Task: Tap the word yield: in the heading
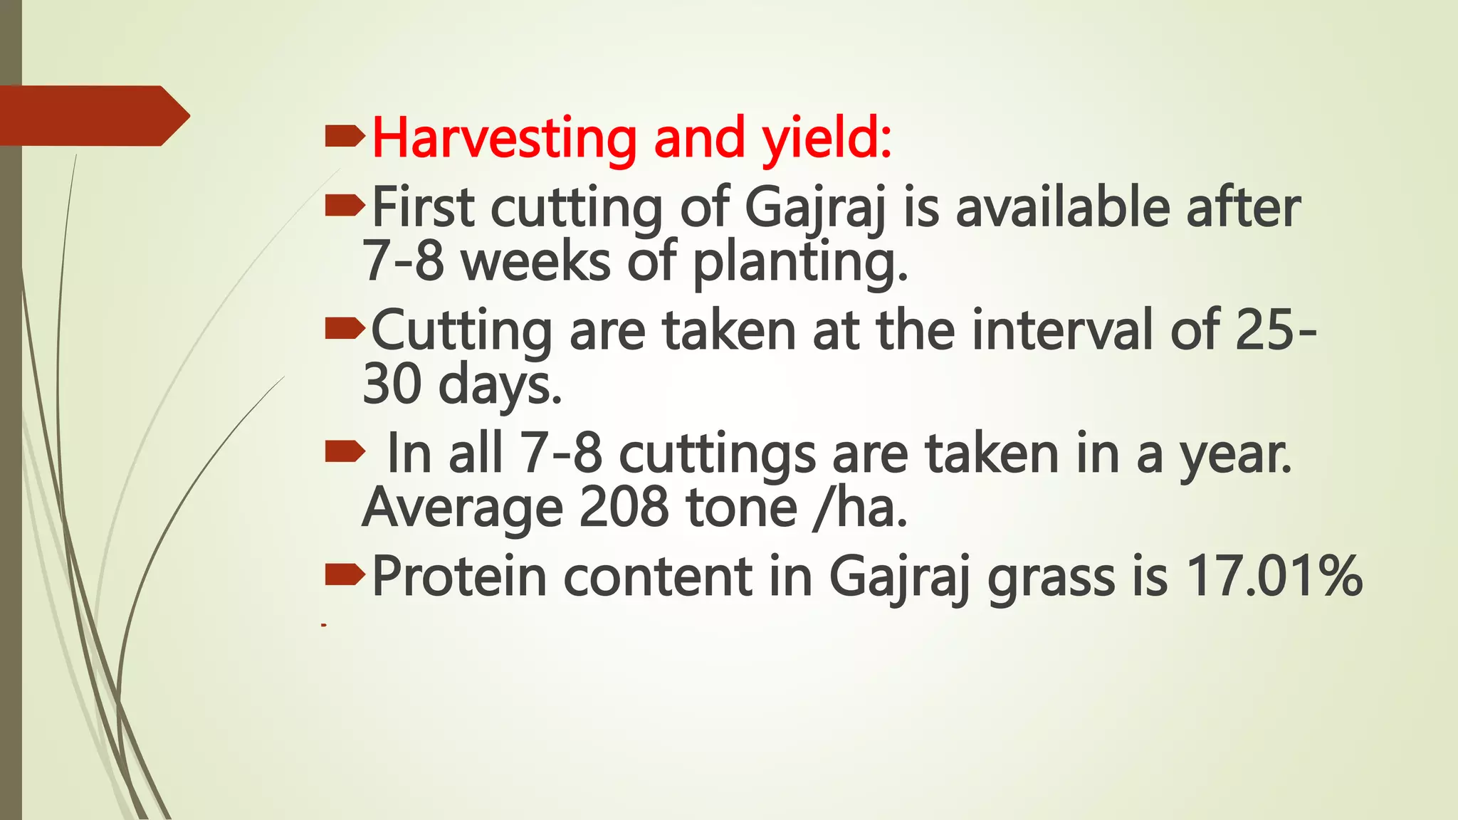(x=827, y=139)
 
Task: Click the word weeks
(x=535, y=262)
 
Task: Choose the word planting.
(x=800, y=262)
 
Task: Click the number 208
(x=624, y=508)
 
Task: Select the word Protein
(x=459, y=576)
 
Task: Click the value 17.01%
(x=1274, y=576)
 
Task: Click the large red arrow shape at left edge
(x=93, y=115)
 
